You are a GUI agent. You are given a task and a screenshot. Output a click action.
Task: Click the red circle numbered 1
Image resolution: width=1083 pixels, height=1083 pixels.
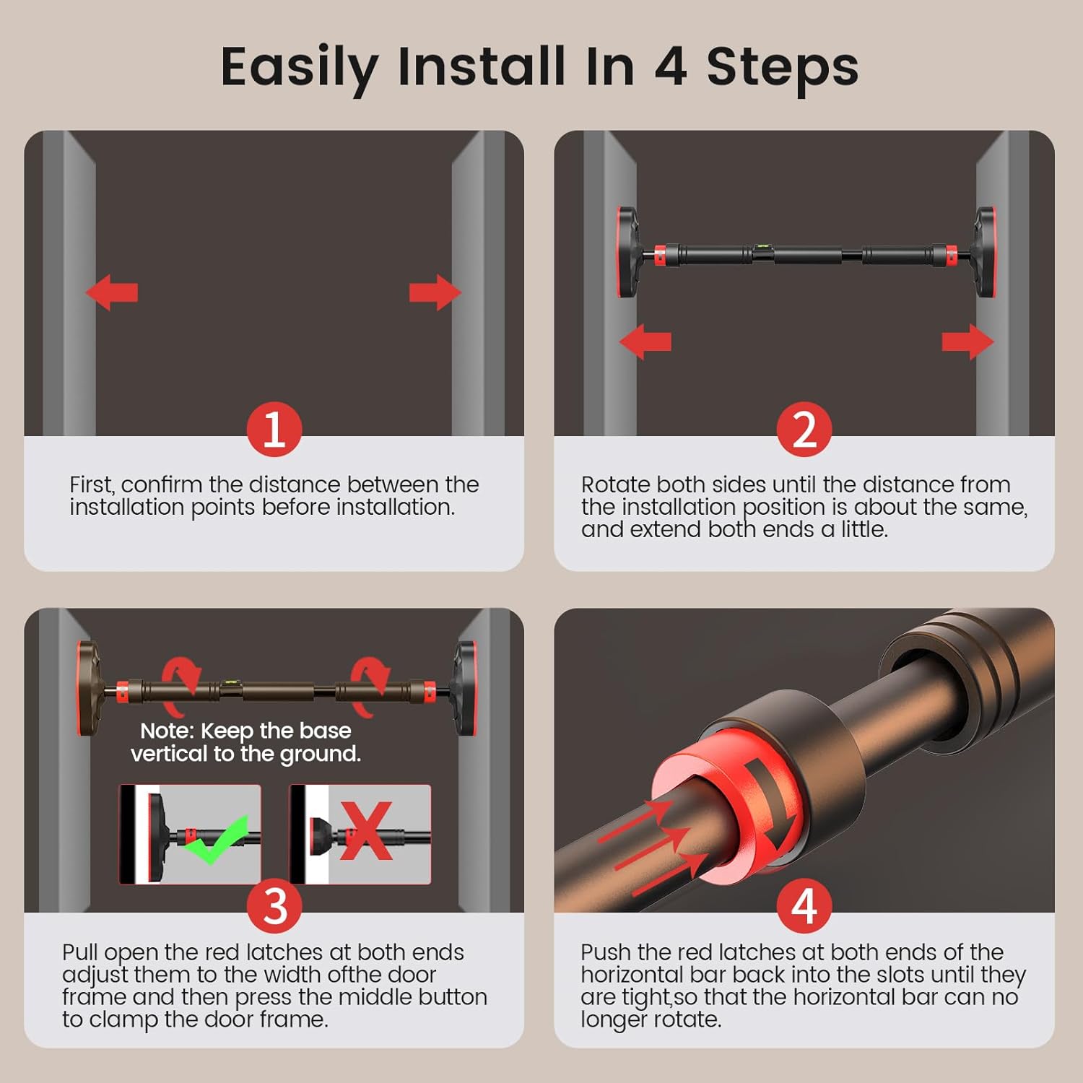[x=274, y=429]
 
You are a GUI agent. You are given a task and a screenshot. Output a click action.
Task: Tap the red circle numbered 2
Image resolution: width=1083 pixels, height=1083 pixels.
[x=804, y=429]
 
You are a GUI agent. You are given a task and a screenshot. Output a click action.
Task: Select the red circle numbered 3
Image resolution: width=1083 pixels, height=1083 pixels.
[x=274, y=905]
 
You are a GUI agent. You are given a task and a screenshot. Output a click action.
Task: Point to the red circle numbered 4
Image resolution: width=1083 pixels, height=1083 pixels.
[x=804, y=905]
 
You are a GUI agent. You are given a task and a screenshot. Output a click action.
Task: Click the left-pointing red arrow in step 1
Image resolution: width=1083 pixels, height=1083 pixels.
[x=111, y=292]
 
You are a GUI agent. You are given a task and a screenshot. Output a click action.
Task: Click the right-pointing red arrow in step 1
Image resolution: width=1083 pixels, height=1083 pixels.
[x=435, y=292]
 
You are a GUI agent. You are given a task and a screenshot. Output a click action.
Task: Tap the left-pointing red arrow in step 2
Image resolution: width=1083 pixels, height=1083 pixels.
[x=645, y=342]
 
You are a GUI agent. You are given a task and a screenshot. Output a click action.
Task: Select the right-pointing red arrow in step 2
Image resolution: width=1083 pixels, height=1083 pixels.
[x=968, y=342]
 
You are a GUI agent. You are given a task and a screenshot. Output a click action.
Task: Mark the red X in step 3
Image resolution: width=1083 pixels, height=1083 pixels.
[x=366, y=830]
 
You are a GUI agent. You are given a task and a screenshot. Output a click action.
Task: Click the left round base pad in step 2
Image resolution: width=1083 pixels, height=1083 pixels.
[x=627, y=252]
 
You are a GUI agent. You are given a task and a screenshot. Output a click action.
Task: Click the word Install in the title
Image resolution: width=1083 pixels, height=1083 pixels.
[x=481, y=66]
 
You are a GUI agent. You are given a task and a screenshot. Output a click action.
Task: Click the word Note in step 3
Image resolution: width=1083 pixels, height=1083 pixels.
[x=167, y=731]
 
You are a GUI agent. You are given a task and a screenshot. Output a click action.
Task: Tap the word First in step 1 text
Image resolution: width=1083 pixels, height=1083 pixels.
[x=91, y=484]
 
